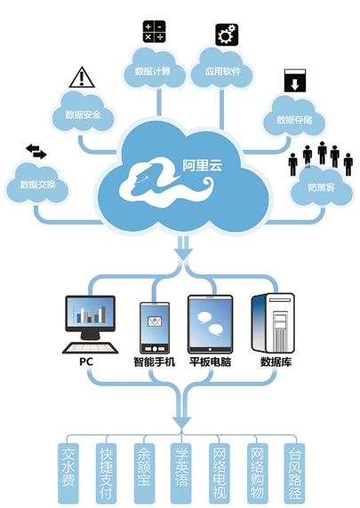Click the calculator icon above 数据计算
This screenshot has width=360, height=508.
click(x=155, y=31)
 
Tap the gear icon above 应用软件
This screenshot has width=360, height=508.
click(x=227, y=35)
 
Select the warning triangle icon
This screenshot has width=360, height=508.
click(x=82, y=77)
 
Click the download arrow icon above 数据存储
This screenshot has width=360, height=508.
click(x=295, y=80)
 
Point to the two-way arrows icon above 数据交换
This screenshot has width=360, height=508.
click(x=36, y=152)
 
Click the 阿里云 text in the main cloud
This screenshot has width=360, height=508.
click(x=203, y=165)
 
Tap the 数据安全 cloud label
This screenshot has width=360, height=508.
click(x=83, y=115)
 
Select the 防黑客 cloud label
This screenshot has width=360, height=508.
click(x=321, y=187)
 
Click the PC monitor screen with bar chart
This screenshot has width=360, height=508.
click(x=90, y=314)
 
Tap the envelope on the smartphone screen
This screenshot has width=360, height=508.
click(x=155, y=321)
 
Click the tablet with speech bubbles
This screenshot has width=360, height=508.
click(x=210, y=324)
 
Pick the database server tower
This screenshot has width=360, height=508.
click(x=273, y=323)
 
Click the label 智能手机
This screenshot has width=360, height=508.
click(x=155, y=361)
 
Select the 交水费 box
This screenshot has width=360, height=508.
click(x=68, y=472)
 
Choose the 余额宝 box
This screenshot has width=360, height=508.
click(x=144, y=472)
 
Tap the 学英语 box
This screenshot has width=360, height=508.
click(x=181, y=472)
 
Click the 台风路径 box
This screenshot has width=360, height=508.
click(x=295, y=472)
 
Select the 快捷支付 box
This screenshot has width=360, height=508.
click(x=106, y=472)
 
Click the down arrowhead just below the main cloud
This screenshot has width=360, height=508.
click(x=184, y=254)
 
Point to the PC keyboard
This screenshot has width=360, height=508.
click(x=90, y=347)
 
